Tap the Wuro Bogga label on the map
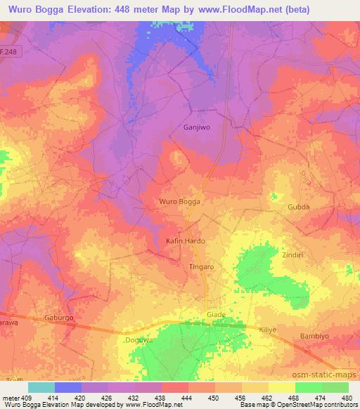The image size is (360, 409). click(181, 202)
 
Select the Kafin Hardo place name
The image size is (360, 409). click(185, 241)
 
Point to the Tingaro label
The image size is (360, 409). click(202, 267)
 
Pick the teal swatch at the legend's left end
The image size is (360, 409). click(41, 387)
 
